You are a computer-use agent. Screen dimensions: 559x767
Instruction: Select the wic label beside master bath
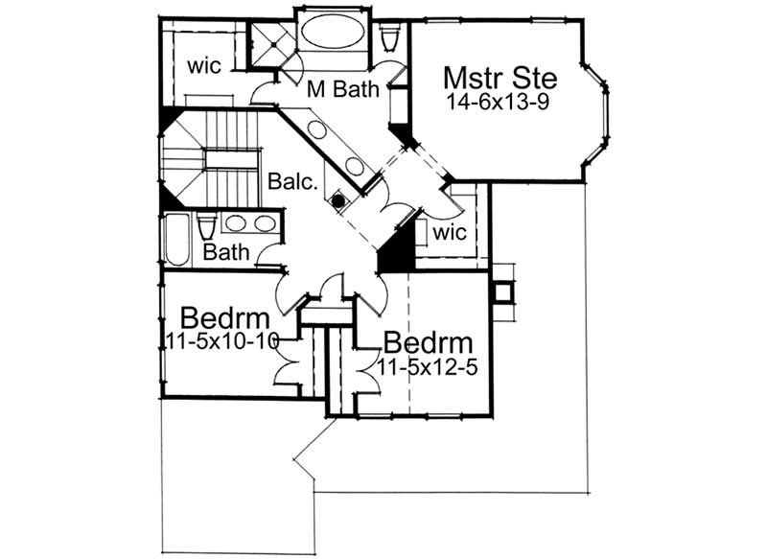pos(204,66)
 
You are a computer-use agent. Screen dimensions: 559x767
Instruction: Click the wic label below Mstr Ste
pos(449,233)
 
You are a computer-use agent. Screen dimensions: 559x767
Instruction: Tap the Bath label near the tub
pos(226,252)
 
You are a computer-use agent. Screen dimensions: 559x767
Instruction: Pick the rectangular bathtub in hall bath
pos(177,240)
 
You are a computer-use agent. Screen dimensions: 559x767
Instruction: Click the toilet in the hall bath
pos(205,227)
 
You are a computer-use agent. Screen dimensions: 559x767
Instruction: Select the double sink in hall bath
pos(250,223)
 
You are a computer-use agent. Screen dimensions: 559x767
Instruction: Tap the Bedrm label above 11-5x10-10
pos(223,316)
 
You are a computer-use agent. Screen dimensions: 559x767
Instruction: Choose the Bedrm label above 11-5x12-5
pos(428,343)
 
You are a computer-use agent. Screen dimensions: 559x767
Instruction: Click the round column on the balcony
pos(337,200)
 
